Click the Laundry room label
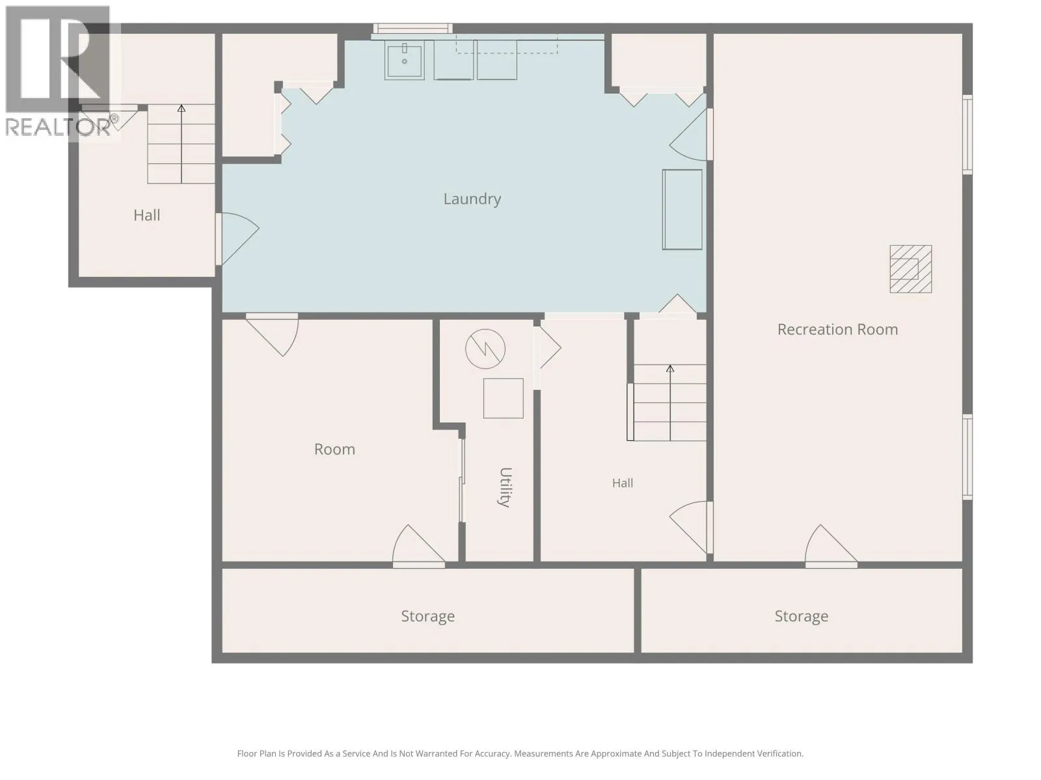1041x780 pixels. pos(472,199)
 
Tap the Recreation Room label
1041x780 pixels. pos(837,330)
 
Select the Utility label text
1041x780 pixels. pos(506,487)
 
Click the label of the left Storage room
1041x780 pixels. pos(427,616)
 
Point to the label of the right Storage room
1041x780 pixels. pos(802,616)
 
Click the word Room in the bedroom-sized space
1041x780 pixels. pos(334,449)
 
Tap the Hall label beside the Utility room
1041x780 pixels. pos(622,483)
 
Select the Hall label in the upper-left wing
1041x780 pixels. pos(146,216)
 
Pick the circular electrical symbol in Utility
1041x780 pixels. pos(485,349)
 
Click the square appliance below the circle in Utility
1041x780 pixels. pos(503,398)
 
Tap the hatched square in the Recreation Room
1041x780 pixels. pos(911,269)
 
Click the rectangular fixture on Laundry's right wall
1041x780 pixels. pos(682,209)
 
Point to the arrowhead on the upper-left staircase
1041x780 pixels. pos(181,109)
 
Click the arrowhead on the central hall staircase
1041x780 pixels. pos(669,369)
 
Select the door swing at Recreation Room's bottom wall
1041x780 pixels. pos(831,545)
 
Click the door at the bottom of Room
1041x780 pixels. pos(418,545)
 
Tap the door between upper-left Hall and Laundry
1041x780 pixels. pos(237,239)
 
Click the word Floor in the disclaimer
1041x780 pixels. pos(247,753)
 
